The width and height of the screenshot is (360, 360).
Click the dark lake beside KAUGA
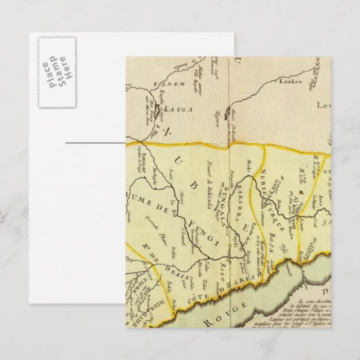[158, 107]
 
